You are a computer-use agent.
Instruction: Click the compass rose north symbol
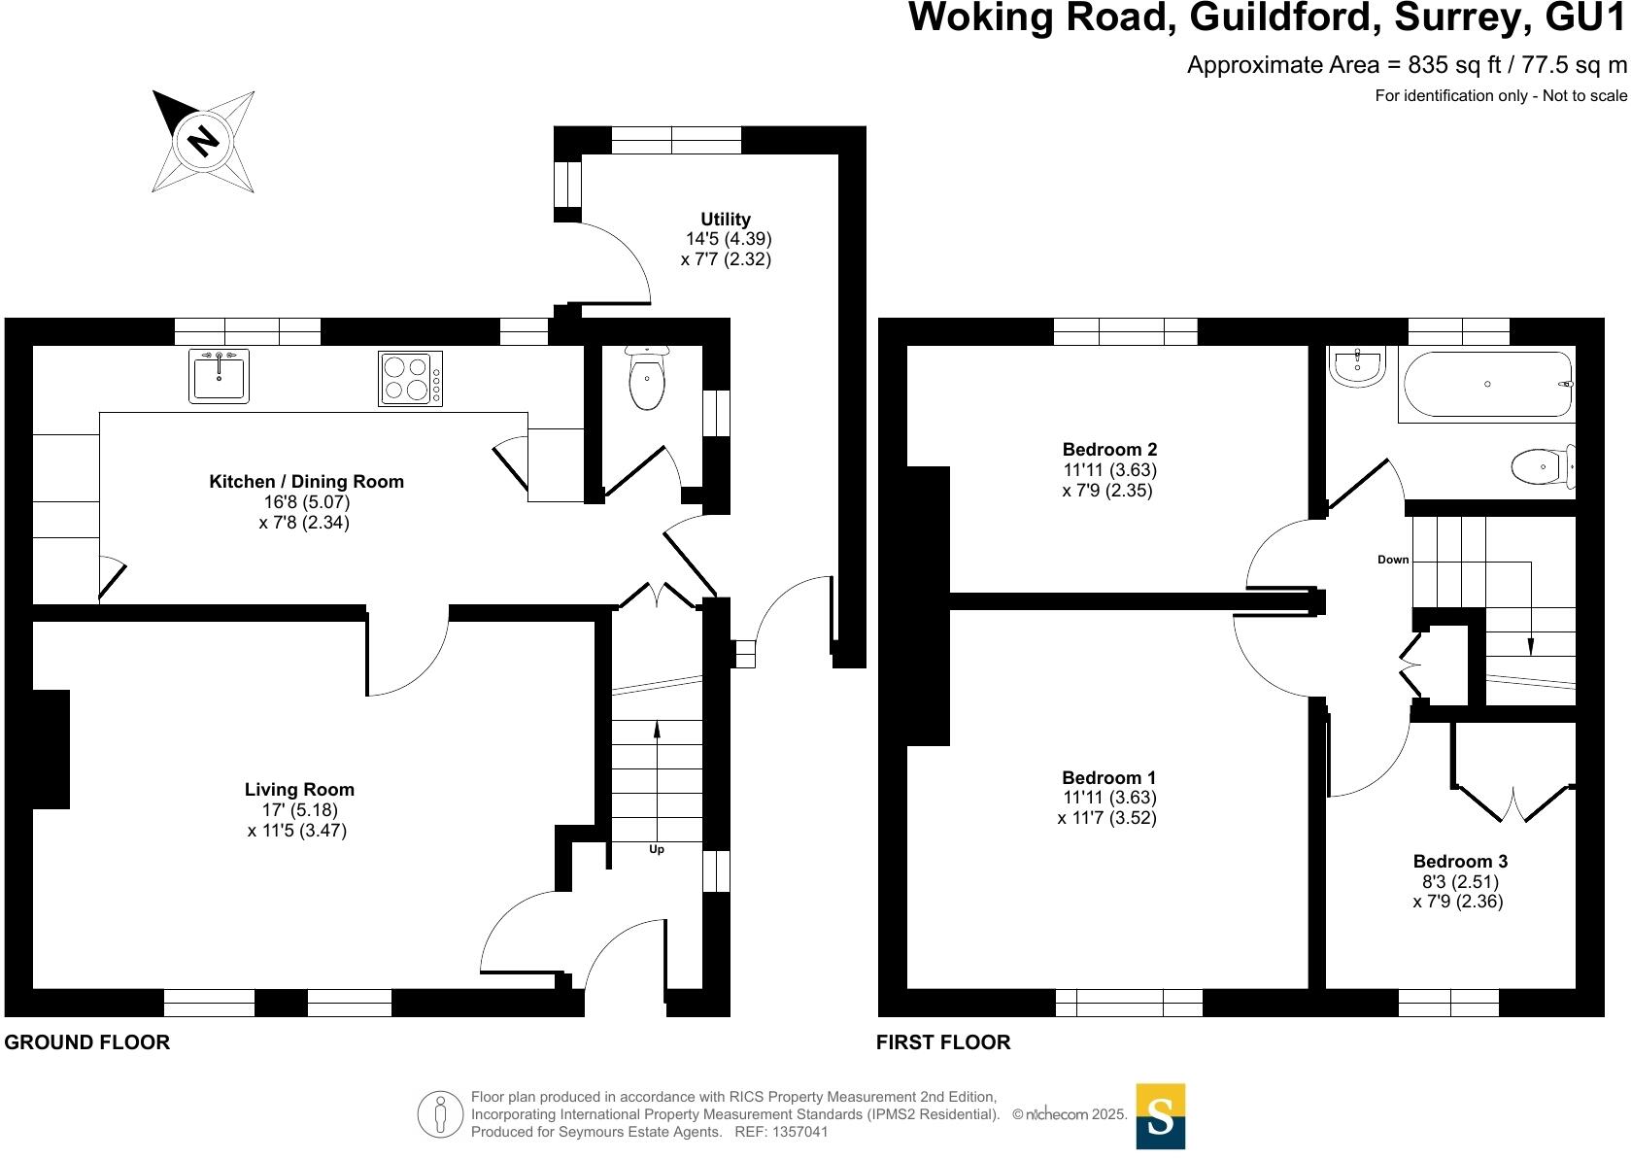[x=203, y=142]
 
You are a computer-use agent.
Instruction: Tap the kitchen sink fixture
[x=219, y=376]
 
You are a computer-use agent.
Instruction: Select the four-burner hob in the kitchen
[x=409, y=378]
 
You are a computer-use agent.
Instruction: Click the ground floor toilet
[x=647, y=381]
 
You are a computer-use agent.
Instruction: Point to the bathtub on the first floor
[x=1487, y=385]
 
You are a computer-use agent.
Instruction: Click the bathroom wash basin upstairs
[x=1357, y=368]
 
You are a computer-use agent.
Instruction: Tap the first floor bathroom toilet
[x=1542, y=466]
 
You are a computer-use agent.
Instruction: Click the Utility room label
[x=726, y=220]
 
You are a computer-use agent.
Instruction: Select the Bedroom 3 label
[x=1460, y=862]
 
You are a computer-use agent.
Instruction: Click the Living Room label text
[x=299, y=790]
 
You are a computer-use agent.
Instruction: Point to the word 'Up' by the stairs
[x=657, y=849]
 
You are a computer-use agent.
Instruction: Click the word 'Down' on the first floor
[x=1393, y=560]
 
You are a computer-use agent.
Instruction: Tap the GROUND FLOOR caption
[x=87, y=1042]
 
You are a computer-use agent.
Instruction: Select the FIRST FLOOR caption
[x=943, y=1042]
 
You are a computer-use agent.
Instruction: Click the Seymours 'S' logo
[x=1160, y=1116]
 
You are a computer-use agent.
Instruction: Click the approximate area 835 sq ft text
[x=1406, y=65]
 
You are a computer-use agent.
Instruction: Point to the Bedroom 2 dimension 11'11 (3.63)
[x=1109, y=470]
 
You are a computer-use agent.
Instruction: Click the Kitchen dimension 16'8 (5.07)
[x=306, y=502]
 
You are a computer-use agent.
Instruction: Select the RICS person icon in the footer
[x=441, y=1114]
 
